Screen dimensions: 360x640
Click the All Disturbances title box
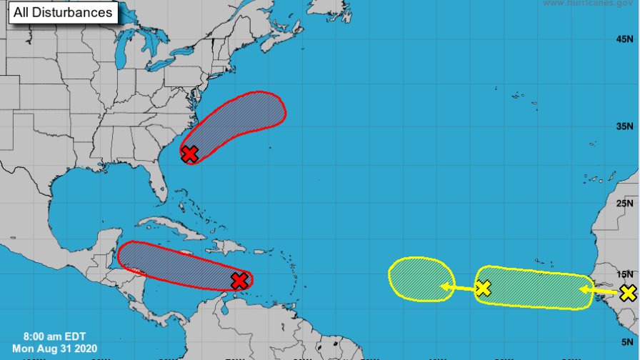(x=62, y=12)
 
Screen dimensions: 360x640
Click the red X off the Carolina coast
(x=189, y=154)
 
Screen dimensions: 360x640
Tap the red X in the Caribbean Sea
(x=240, y=281)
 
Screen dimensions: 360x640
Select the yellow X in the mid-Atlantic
(x=483, y=288)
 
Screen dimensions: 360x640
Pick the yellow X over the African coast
(x=628, y=292)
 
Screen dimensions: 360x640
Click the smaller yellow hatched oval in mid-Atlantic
(x=420, y=277)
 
